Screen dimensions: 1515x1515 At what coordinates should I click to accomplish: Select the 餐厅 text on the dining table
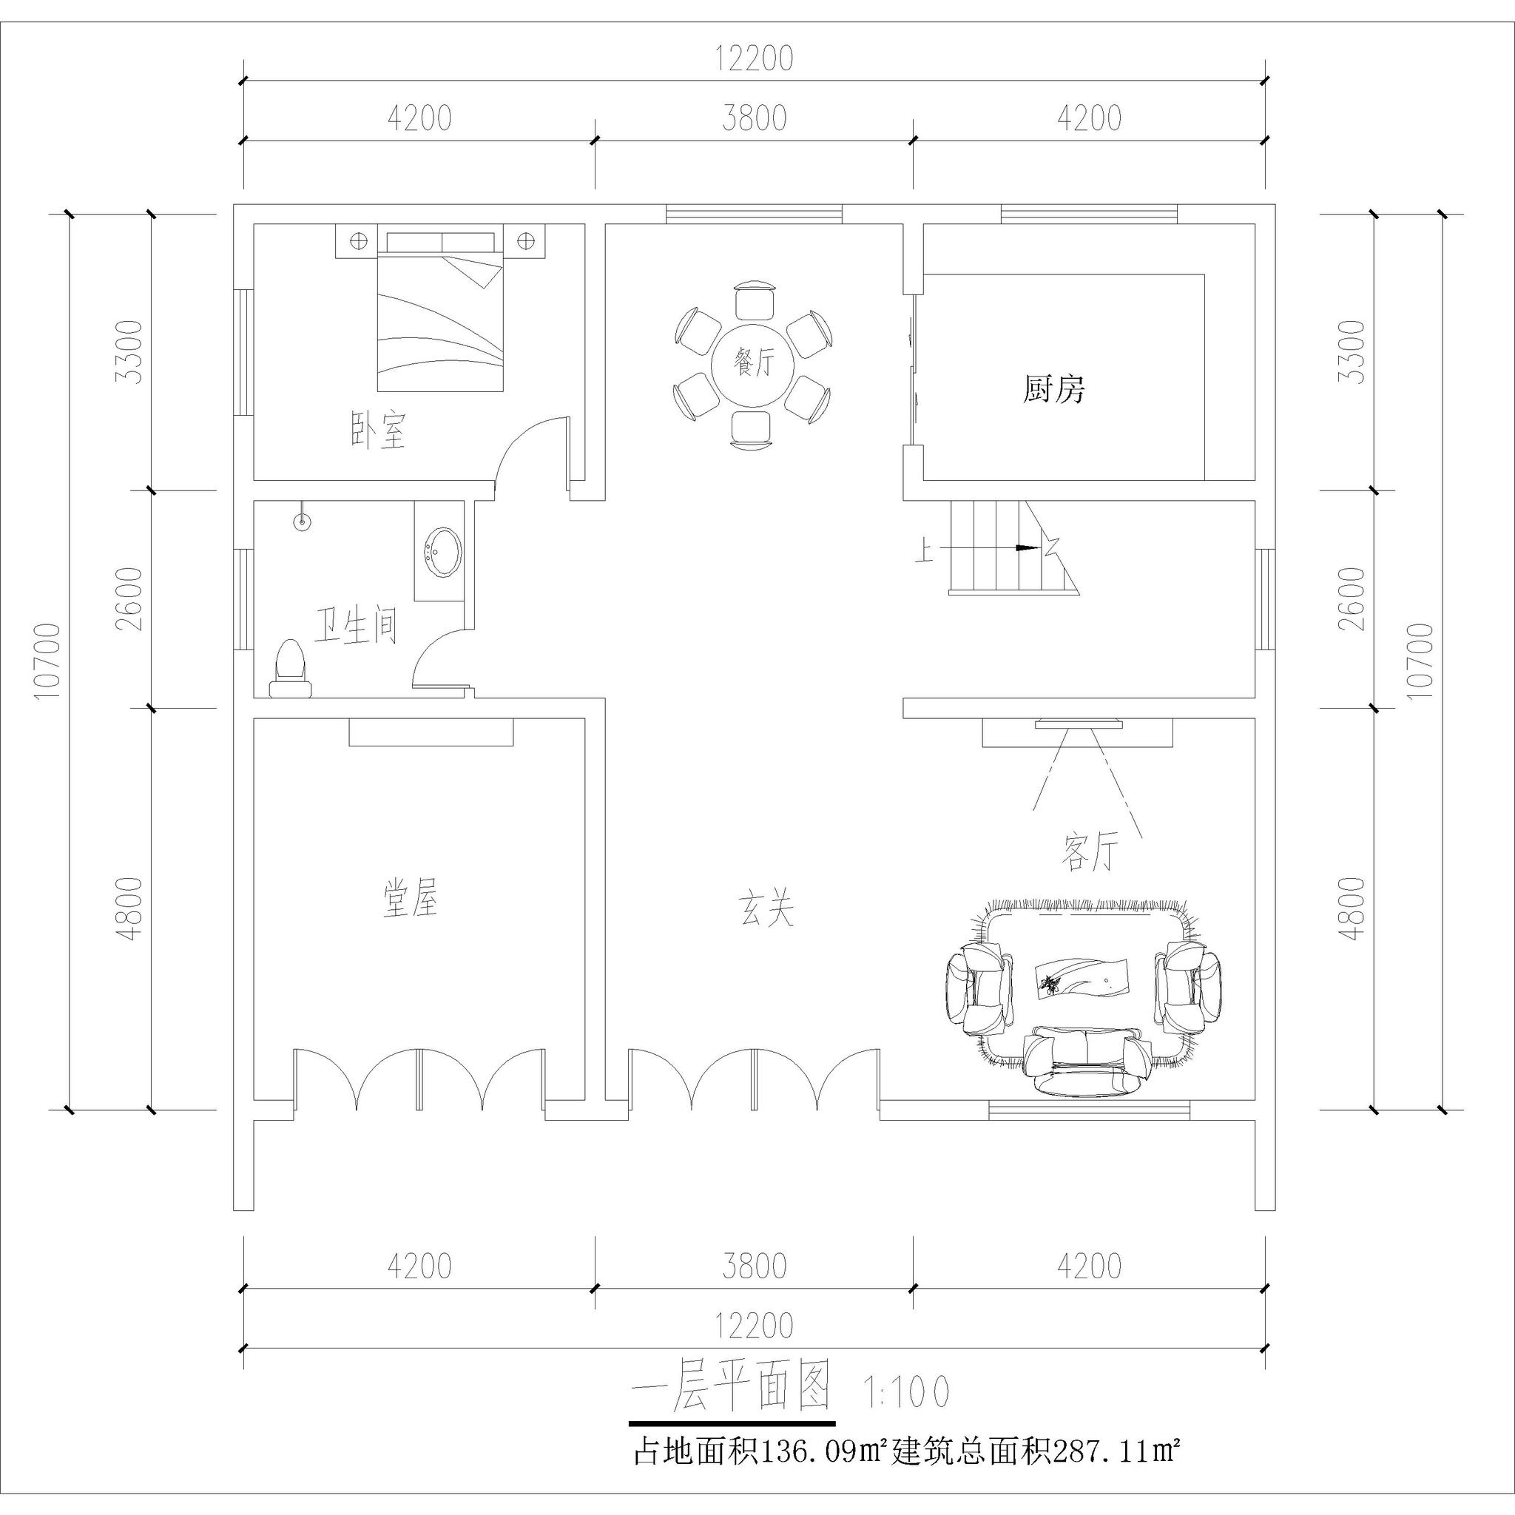(753, 364)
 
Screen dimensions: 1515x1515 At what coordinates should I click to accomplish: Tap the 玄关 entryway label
(766, 910)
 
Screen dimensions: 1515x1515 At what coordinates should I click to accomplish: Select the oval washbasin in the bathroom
(442, 551)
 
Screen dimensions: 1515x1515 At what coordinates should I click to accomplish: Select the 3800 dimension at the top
(755, 118)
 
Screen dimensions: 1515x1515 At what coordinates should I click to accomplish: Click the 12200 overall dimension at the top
(755, 59)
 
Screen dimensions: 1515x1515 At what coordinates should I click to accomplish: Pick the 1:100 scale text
(905, 1391)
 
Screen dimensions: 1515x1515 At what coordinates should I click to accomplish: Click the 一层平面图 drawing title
(731, 1388)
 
